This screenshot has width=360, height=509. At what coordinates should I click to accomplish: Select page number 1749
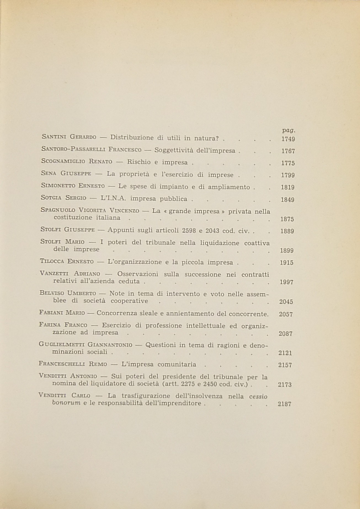pos(288,139)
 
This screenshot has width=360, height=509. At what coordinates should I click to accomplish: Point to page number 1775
pos(288,163)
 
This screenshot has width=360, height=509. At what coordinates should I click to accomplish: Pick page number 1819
pos(287,187)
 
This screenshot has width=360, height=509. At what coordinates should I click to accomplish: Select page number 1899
pos(287,251)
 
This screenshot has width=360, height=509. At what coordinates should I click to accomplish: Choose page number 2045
pos(286,302)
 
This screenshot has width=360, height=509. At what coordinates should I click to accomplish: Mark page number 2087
pos(286,333)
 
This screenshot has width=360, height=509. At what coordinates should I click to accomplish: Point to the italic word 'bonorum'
pos(66,403)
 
